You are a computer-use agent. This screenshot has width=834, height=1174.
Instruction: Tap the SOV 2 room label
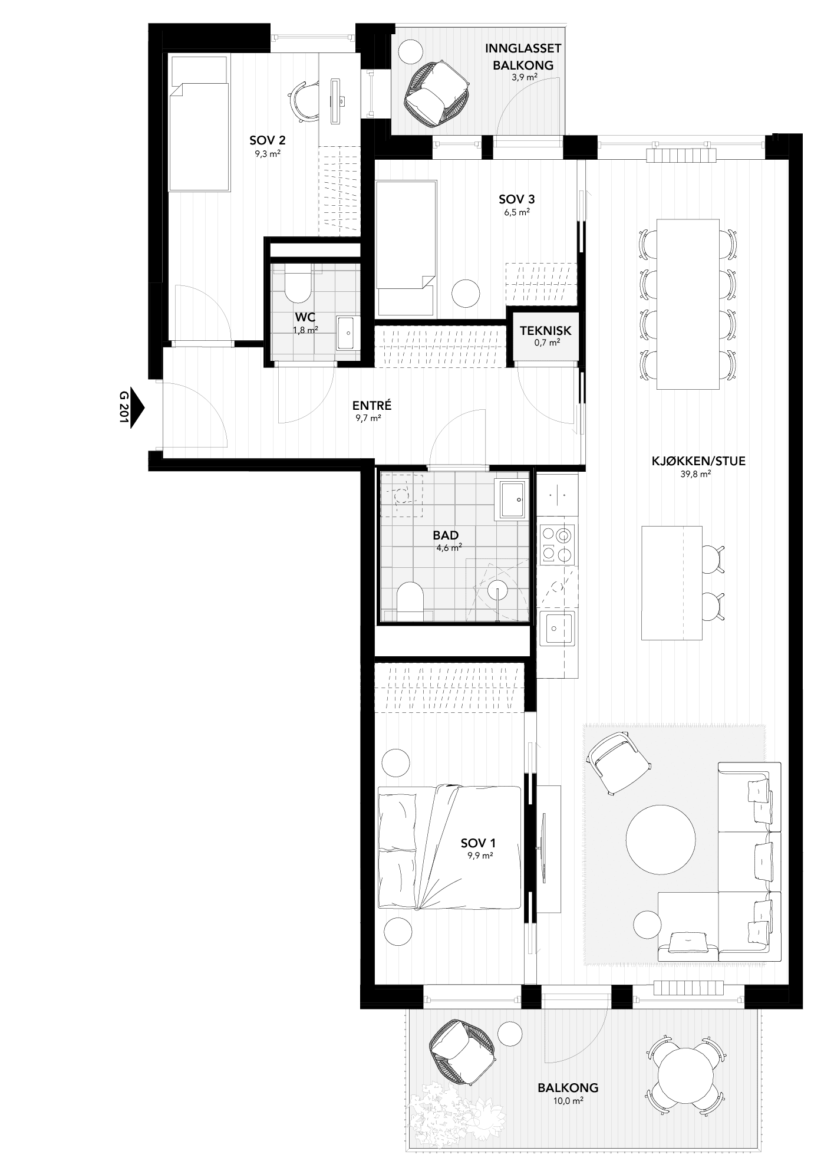pos(268,140)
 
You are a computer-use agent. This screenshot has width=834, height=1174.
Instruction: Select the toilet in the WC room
pos(294,283)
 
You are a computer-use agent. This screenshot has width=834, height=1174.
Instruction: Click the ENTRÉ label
pos(372,406)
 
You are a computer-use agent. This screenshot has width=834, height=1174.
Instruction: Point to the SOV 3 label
pos(516,199)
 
